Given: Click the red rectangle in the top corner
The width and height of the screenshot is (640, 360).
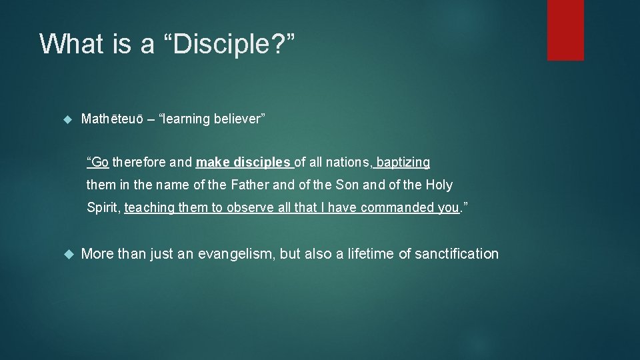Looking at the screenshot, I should (565, 29).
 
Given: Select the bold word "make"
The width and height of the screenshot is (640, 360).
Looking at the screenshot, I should (211, 162).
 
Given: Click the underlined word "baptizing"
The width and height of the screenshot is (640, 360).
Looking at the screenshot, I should (403, 162).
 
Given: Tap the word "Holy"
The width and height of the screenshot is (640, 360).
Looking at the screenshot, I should (439, 185).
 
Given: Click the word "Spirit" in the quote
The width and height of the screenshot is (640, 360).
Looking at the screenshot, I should (103, 207).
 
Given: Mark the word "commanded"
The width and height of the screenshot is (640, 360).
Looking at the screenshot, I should (398, 207).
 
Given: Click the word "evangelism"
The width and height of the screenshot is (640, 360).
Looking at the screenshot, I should (235, 254).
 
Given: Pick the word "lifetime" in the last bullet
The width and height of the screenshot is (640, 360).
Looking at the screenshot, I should (371, 254).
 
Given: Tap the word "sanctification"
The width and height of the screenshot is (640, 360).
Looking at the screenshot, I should (457, 254).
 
